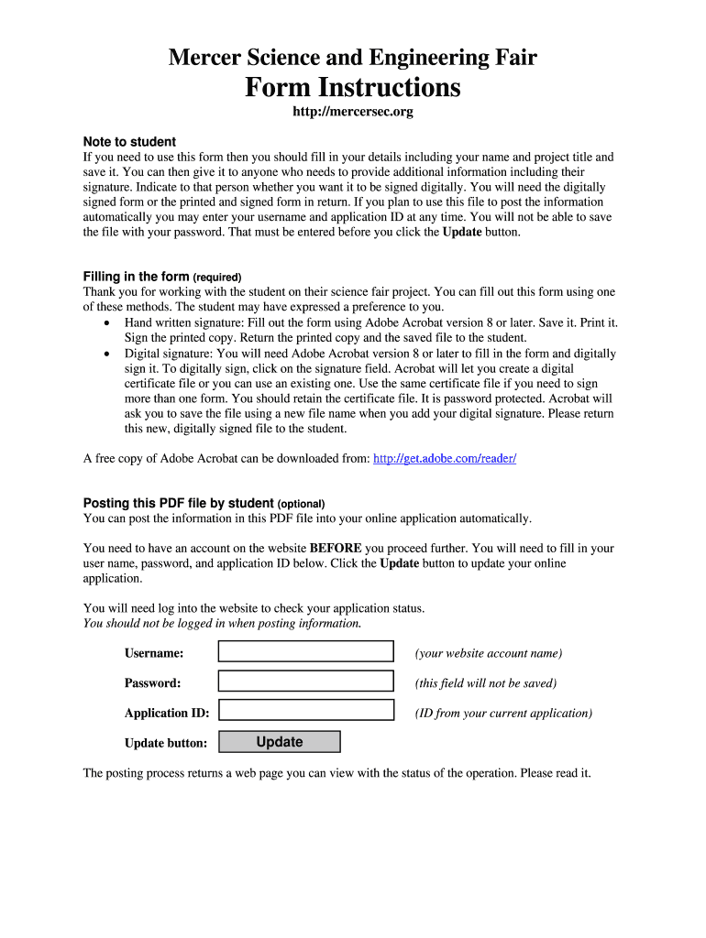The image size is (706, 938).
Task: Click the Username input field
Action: [305, 651]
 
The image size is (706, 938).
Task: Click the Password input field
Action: [305, 682]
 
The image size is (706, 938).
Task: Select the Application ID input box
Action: [305, 711]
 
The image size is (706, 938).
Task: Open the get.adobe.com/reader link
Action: [445, 458]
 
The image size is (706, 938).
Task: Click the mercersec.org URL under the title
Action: [352, 113]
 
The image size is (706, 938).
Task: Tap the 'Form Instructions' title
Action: [352, 88]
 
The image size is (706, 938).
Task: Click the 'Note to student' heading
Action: [129, 142]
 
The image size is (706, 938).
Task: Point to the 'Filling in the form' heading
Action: [137, 277]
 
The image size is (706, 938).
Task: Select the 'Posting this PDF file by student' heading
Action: [179, 503]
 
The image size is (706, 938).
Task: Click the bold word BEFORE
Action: [335, 549]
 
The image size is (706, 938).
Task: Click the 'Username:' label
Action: [154, 653]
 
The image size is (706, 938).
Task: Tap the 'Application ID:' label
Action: [167, 713]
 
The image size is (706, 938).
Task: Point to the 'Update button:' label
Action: [166, 743]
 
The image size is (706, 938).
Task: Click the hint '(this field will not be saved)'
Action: [485, 683]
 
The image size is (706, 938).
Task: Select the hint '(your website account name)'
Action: [488, 653]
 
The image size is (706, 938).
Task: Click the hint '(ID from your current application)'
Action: [503, 713]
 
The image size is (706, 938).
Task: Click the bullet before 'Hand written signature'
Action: [107, 323]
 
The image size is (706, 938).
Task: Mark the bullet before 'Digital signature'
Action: [107, 354]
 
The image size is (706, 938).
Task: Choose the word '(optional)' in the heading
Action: [301, 504]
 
